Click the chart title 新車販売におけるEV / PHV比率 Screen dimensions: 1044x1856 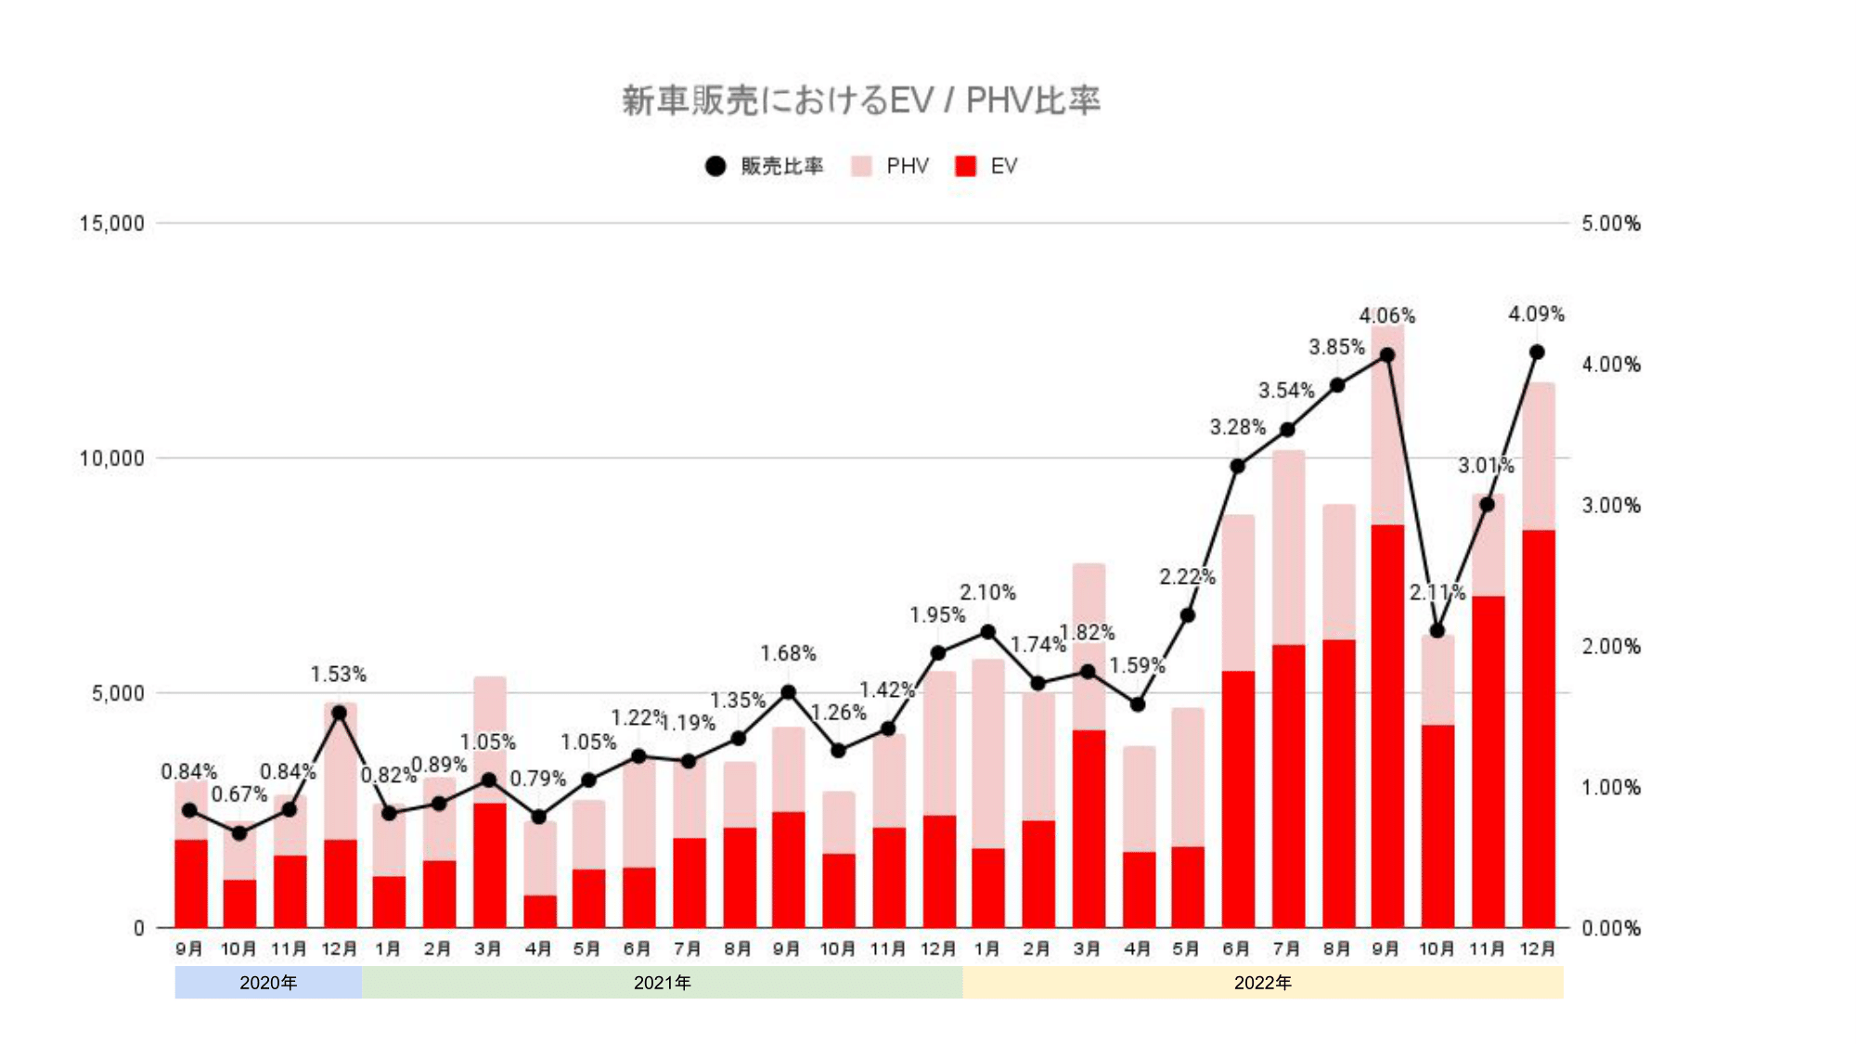coord(860,100)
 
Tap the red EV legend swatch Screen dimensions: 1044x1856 coord(965,166)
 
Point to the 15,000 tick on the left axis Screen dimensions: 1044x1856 coord(112,224)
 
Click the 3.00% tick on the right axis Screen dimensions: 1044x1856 coord(1610,506)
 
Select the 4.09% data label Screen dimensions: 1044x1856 coord(1536,315)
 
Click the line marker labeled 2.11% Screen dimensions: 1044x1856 coord(1437,631)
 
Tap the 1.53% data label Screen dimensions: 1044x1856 coord(338,675)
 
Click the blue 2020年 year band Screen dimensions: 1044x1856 coord(268,982)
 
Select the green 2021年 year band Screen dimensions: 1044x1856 coord(662,982)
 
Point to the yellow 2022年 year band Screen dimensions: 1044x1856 coord(1262,982)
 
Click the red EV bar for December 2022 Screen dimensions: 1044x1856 coord(1538,728)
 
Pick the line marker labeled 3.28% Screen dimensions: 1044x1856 coord(1237,466)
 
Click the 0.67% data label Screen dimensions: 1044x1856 coord(238,795)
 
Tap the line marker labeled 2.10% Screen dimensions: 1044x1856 coord(987,632)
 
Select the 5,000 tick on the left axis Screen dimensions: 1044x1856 coord(118,694)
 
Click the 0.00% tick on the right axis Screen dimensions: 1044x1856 coord(1610,928)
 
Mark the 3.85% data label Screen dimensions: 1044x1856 coord(1336,347)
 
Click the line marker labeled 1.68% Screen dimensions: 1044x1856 coord(788,692)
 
